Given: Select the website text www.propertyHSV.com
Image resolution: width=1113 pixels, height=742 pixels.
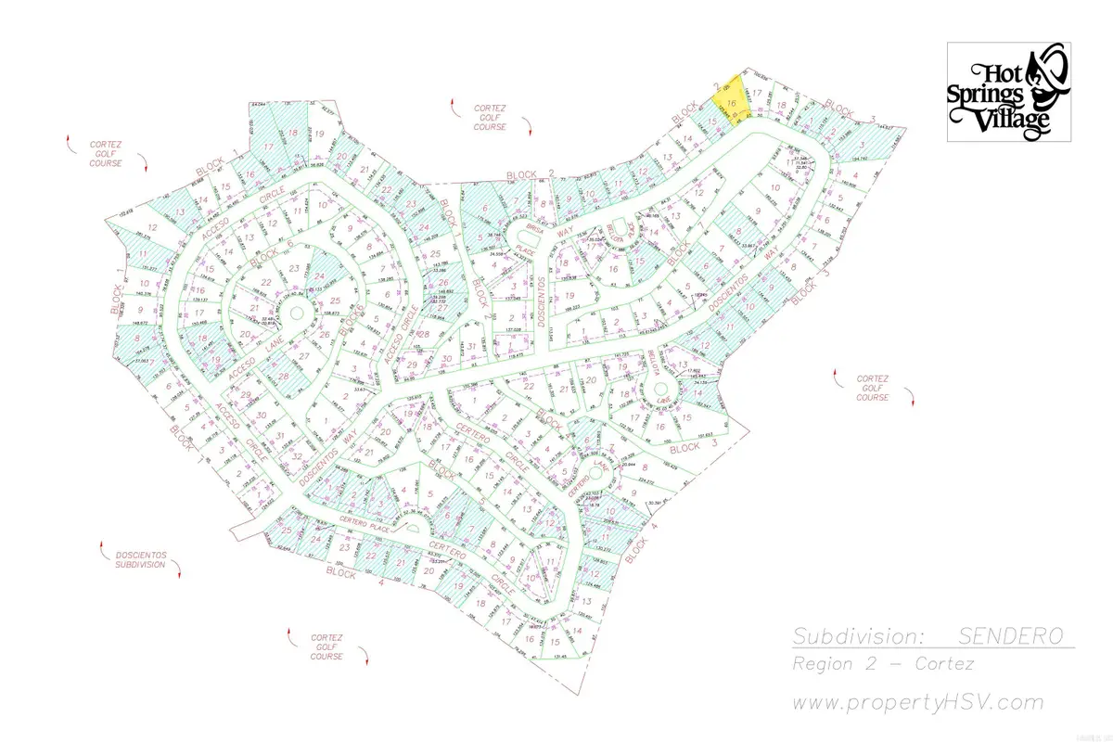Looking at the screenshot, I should tap(918, 702).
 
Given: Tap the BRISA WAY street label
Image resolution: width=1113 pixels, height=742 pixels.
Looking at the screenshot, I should tap(548, 232).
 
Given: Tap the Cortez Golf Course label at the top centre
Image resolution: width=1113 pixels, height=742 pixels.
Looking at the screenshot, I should tap(489, 117).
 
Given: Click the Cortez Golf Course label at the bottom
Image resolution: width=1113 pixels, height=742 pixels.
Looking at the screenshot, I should tap(327, 647).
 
